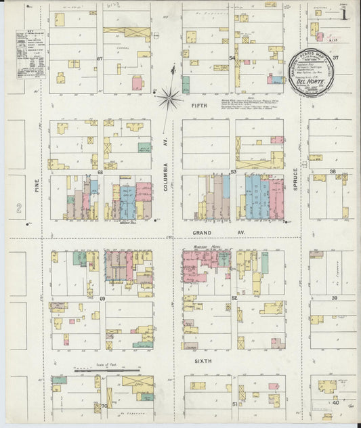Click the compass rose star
170,98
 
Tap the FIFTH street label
199,106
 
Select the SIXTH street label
204,361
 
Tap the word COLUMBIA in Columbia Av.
165,177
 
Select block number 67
100,59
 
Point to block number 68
100,172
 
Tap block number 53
232,172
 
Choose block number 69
102,298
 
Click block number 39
334,298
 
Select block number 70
104,406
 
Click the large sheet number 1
345,13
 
